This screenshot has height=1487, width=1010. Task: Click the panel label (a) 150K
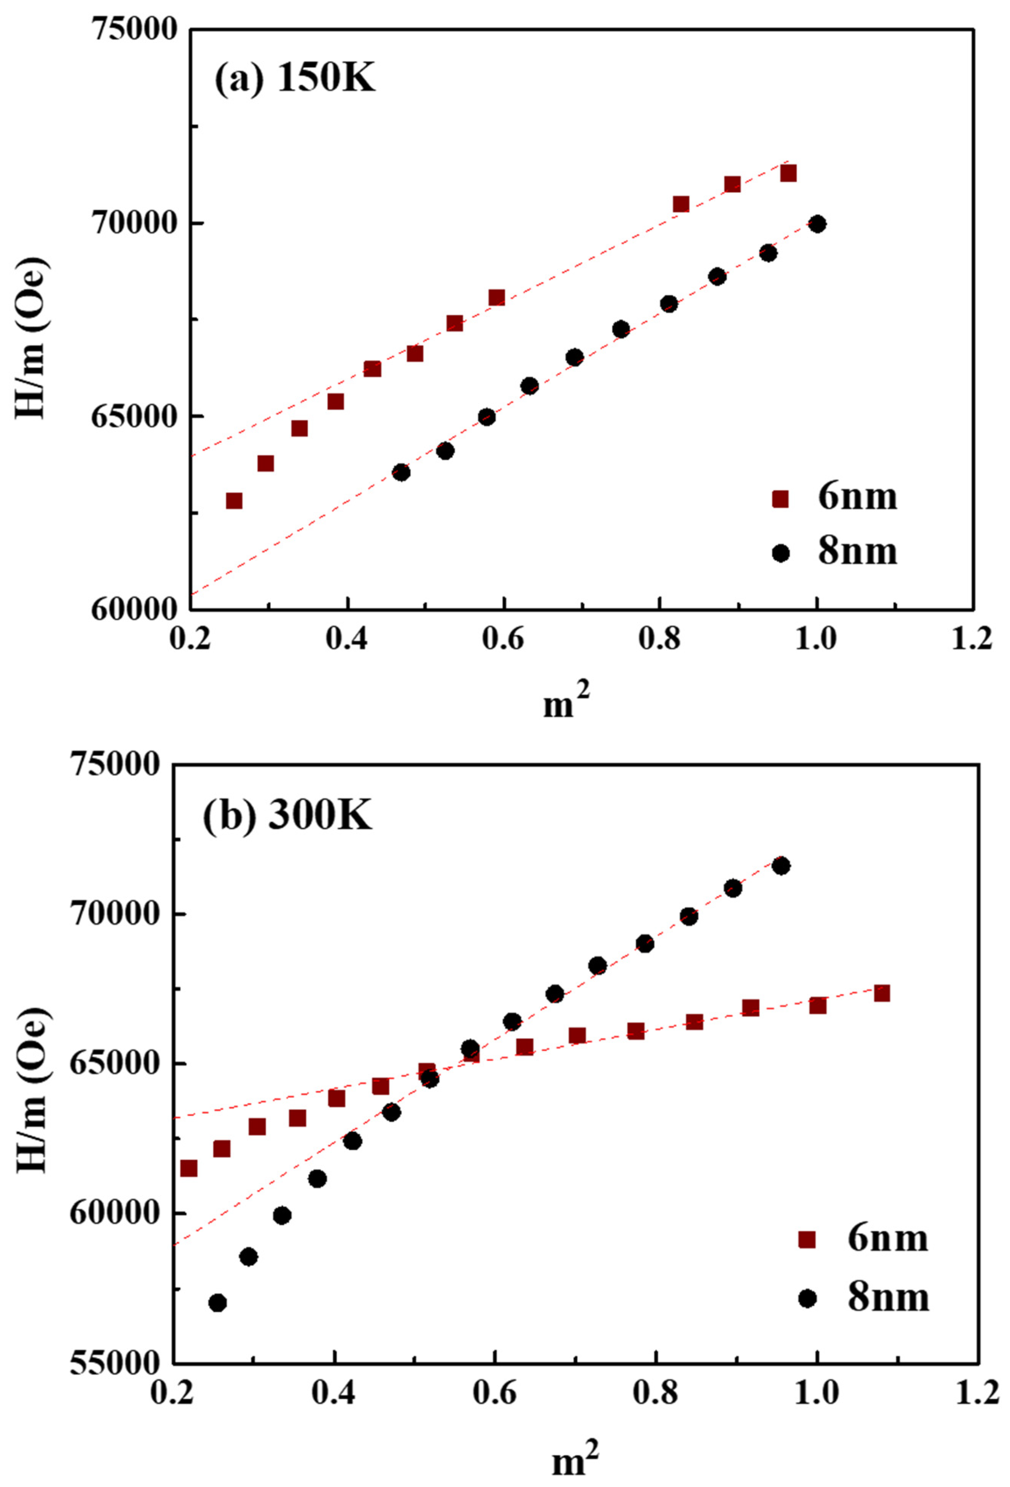(x=294, y=81)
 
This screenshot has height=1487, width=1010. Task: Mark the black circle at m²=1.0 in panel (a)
(x=817, y=224)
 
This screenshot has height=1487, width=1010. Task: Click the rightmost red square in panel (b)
(x=881, y=993)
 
